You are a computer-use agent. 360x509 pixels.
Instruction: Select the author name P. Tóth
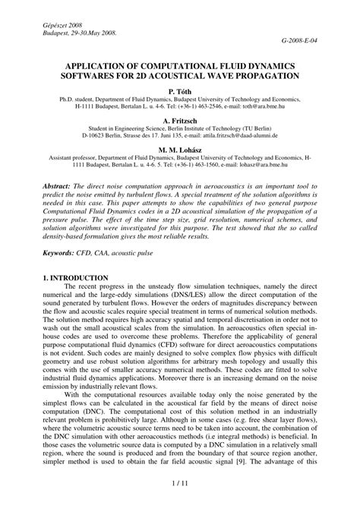[180, 90]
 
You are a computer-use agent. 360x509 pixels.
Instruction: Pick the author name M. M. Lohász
[180, 150]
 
